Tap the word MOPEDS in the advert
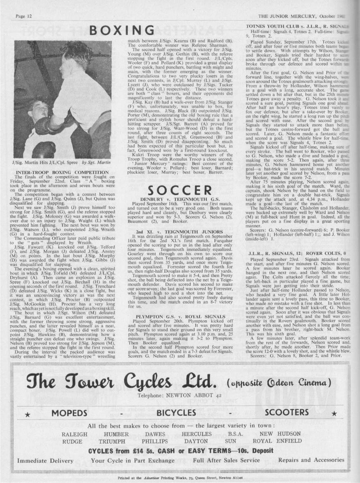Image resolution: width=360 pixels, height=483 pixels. click(69, 412)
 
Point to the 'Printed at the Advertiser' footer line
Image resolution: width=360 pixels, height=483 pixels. click(180, 478)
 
